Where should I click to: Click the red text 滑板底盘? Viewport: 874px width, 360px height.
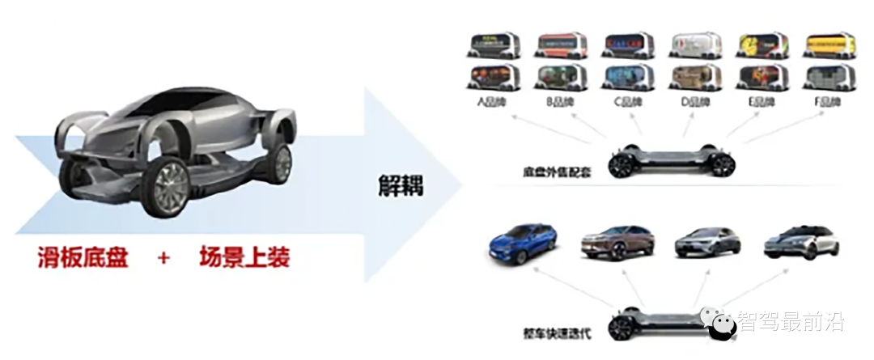click(x=83, y=257)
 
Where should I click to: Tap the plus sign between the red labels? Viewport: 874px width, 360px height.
click(x=164, y=258)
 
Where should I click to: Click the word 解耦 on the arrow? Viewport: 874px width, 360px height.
click(x=401, y=184)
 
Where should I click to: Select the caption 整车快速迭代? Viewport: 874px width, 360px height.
click(x=560, y=332)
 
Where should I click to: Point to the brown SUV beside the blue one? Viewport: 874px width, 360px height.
click(x=616, y=240)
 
